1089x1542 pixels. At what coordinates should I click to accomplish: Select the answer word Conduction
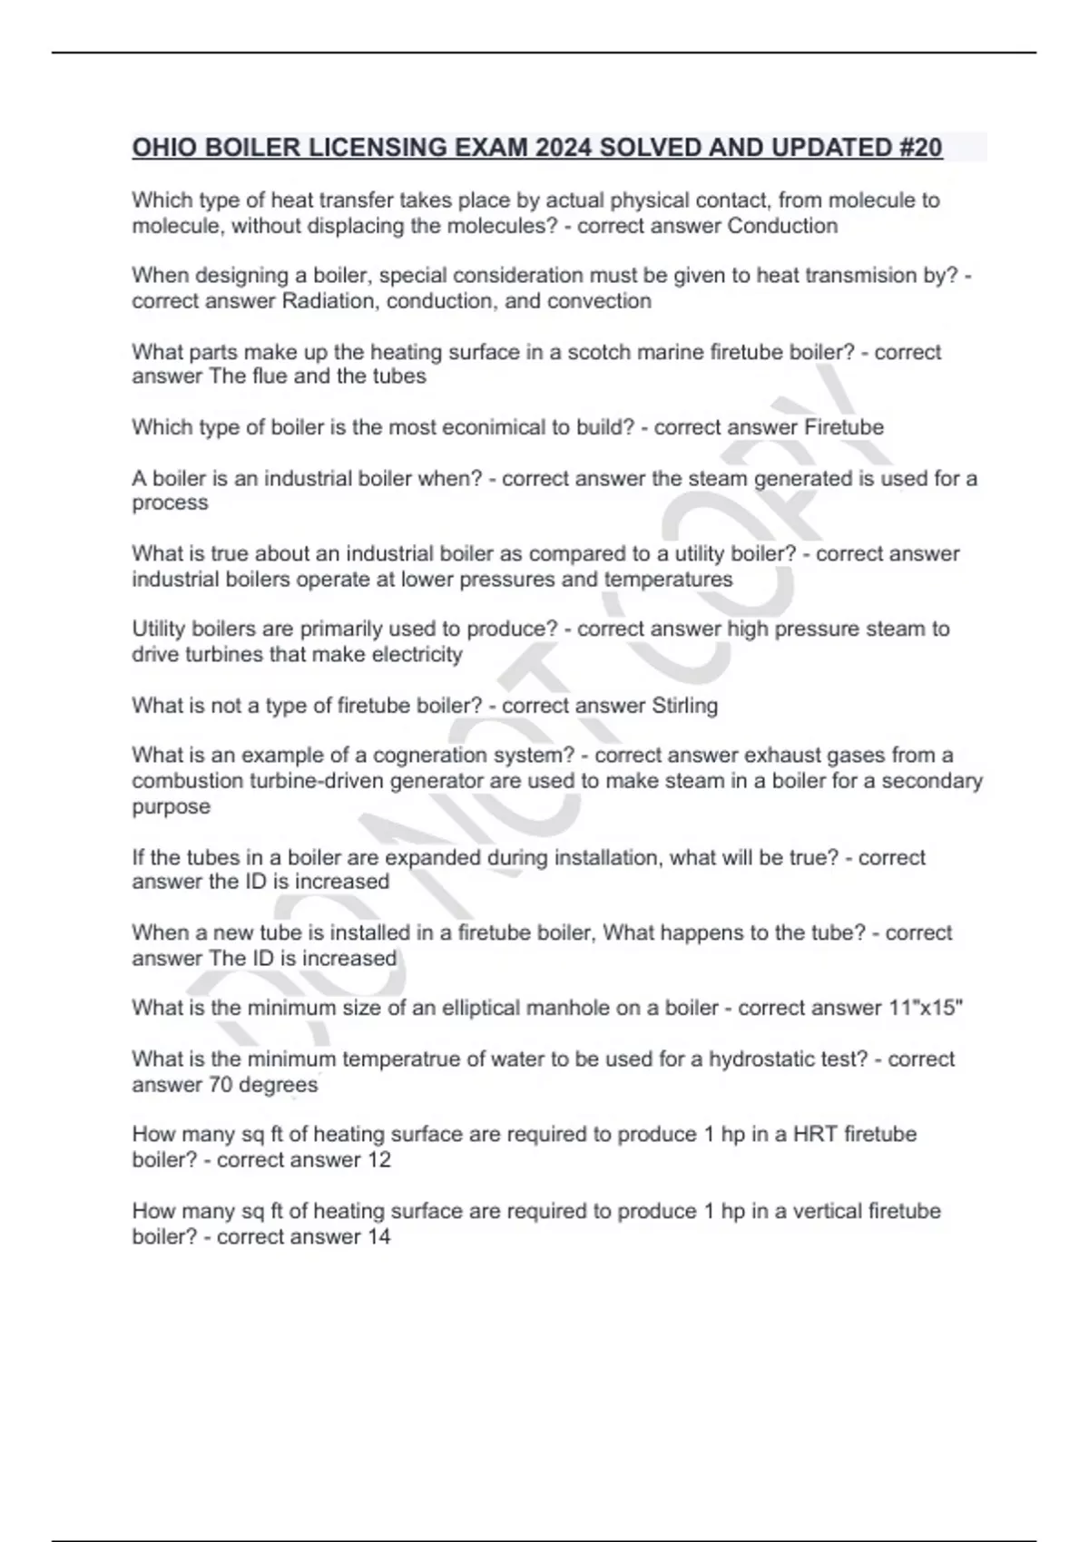[x=782, y=226]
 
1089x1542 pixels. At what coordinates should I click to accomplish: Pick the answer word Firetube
[x=843, y=427]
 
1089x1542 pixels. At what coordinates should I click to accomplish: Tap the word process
[x=170, y=503]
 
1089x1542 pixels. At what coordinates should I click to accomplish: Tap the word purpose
[x=171, y=807]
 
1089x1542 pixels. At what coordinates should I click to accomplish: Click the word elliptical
[x=486, y=1009]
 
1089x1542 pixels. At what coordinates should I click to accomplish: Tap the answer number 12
[x=378, y=1160]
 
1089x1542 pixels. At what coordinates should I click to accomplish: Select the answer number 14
[x=378, y=1236]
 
